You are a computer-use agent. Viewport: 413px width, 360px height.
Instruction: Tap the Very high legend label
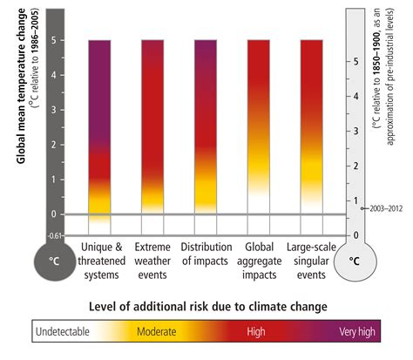coord(356,332)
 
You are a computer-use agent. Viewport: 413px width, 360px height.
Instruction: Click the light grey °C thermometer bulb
coord(354,260)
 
